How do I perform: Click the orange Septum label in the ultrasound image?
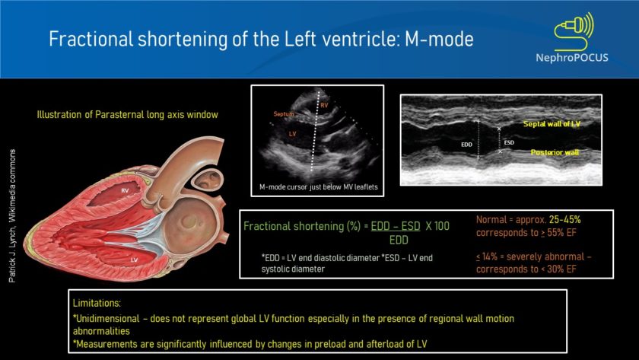(283, 114)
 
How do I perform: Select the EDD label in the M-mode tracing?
(468, 142)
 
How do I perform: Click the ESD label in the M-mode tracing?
(509, 142)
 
